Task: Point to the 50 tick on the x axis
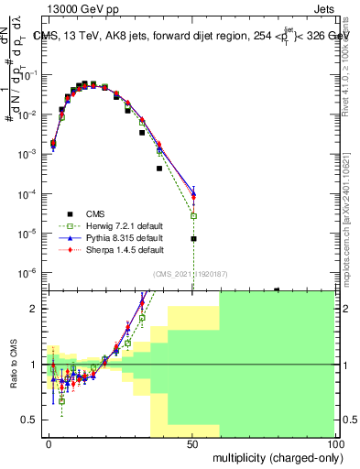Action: [x=192, y=443]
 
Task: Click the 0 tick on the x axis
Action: [x=49, y=443]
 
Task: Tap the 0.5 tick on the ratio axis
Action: [x=32, y=420]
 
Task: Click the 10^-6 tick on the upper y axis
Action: [x=30, y=273]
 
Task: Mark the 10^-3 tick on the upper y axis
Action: [x=30, y=155]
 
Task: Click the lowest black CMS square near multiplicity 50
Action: [x=193, y=238]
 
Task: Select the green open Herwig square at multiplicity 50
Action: [x=193, y=216]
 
